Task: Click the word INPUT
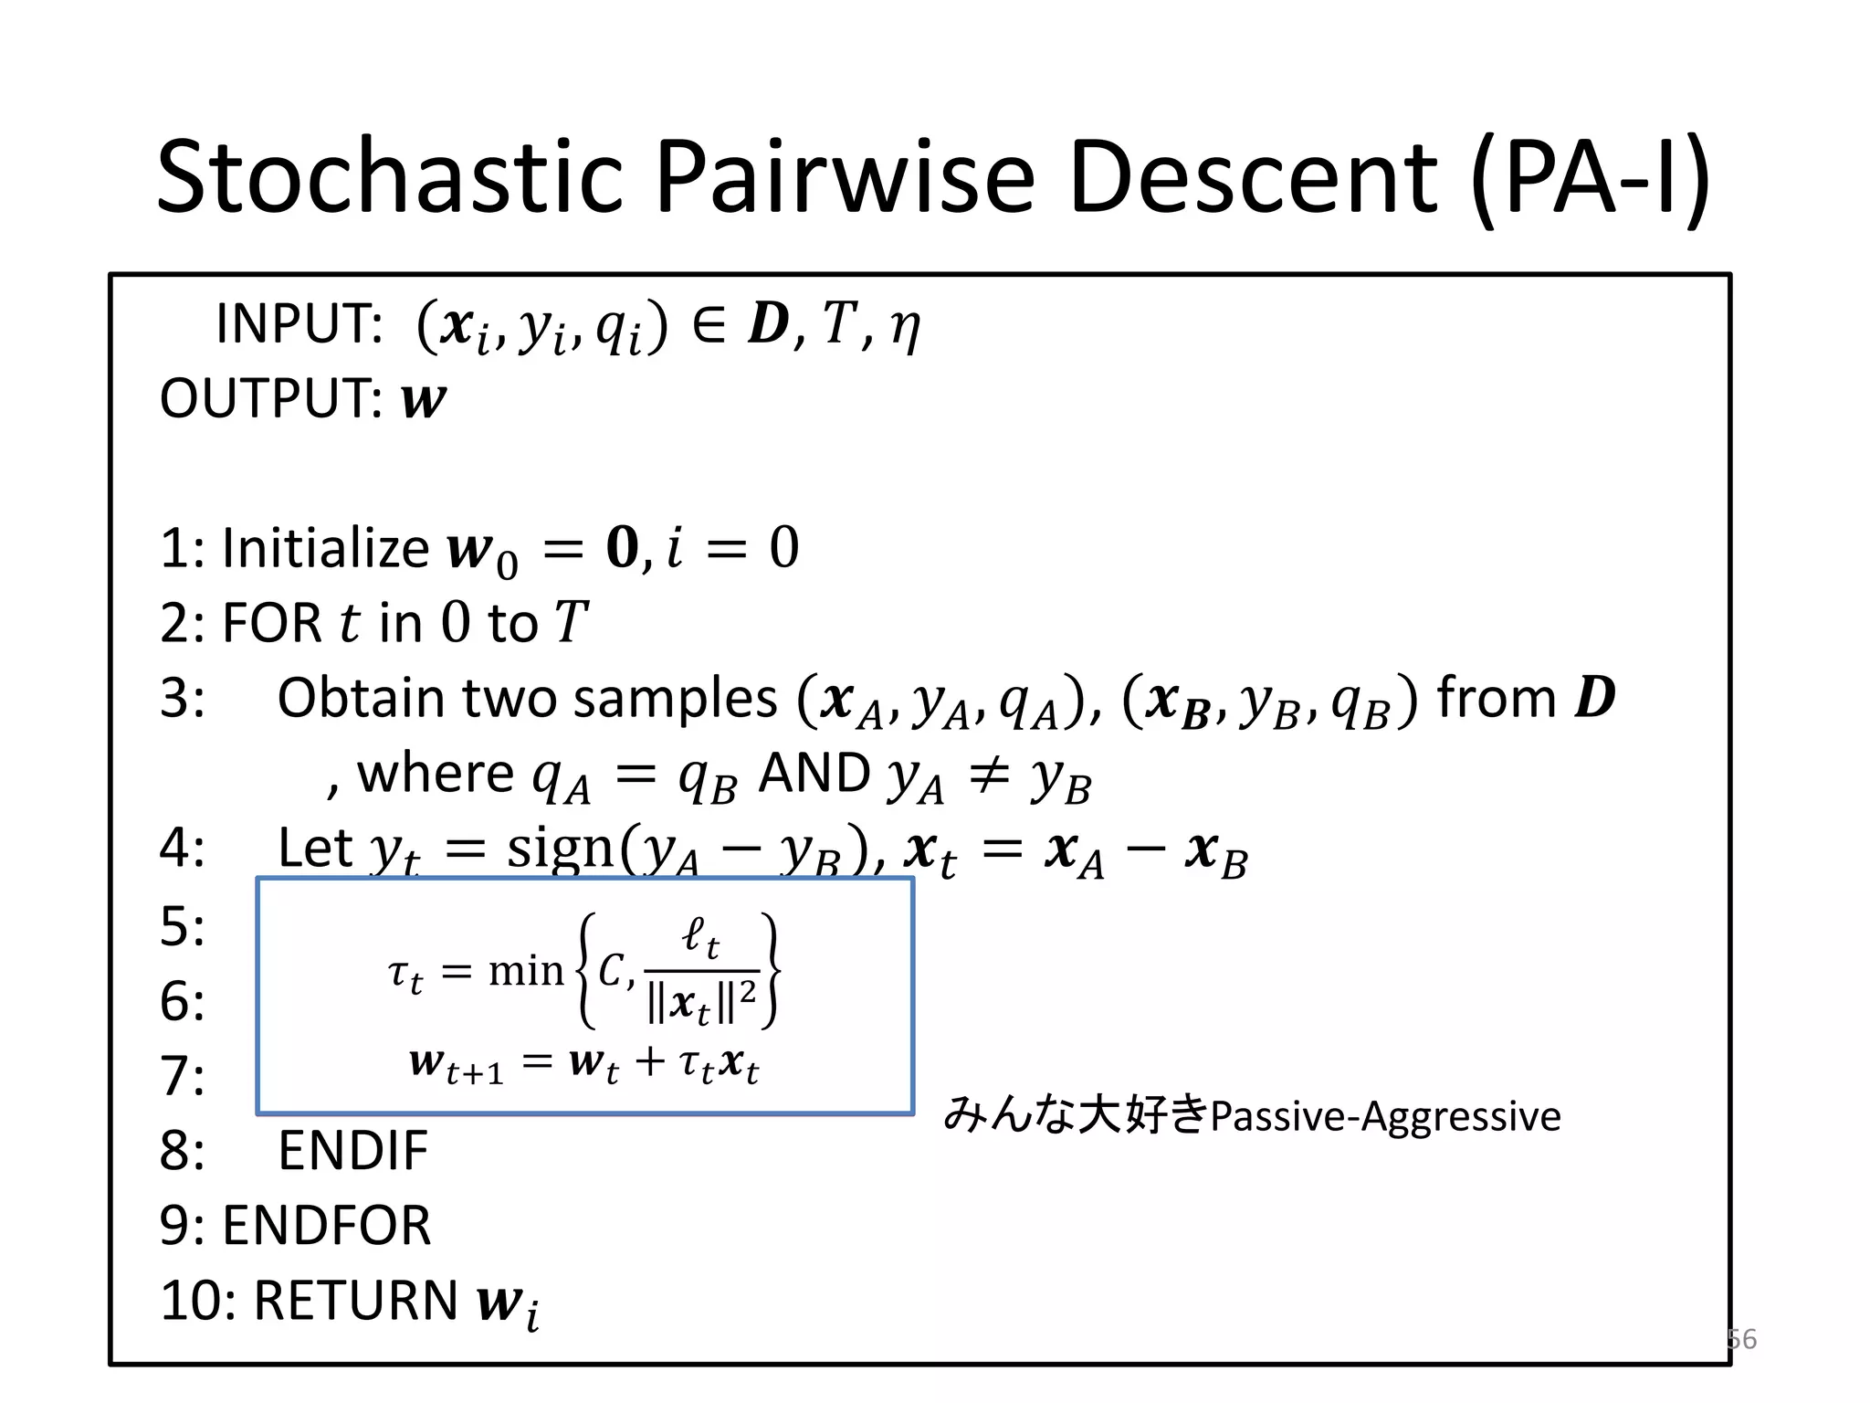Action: (x=299, y=323)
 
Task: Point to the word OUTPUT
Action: (x=270, y=399)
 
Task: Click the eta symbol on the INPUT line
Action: (x=904, y=326)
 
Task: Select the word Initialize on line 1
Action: (x=325, y=548)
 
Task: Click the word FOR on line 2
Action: (x=271, y=623)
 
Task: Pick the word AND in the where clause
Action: (x=814, y=774)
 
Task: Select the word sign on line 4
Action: (x=561, y=849)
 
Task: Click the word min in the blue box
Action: (x=526, y=970)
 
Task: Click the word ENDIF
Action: (x=352, y=1150)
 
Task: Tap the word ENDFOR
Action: (x=326, y=1226)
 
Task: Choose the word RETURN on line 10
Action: (x=355, y=1301)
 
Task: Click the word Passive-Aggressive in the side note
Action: (x=1385, y=1116)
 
